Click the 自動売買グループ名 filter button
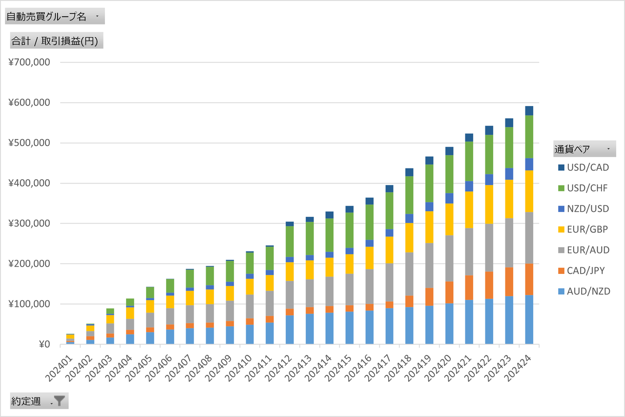coord(54,16)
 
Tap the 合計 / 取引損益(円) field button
coord(56,41)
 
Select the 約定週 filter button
coord(39,401)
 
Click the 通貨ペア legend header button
coord(584,148)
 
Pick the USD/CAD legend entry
coord(588,167)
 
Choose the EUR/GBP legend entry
coord(588,229)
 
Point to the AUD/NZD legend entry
coord(588,292)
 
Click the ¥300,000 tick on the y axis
coord(29,223)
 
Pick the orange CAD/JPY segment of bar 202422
coord(489,285)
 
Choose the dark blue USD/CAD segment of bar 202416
coord(369,201)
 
